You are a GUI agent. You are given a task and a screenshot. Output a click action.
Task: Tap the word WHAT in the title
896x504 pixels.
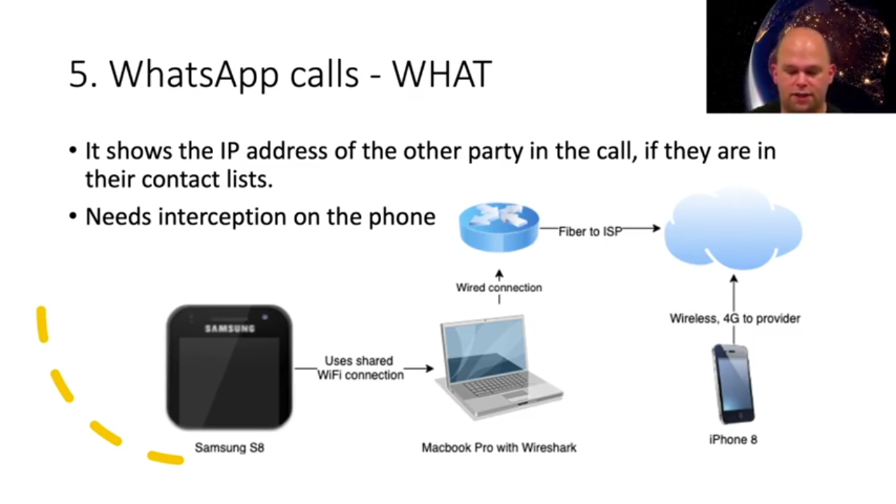point(441,75)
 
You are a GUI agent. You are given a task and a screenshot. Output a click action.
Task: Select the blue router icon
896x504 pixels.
point(499,227)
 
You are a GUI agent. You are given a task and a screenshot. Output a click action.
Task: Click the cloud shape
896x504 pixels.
point(733,230)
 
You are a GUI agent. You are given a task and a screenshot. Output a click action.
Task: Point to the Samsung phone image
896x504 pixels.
point(229,367)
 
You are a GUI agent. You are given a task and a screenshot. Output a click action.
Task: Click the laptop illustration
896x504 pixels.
point(499,367)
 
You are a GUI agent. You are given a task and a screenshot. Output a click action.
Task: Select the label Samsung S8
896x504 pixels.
point(230,448)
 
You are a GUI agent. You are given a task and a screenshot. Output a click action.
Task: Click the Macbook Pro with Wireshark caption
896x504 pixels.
point(499,448)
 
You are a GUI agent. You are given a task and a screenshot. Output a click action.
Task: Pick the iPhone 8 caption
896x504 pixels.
point(733,440)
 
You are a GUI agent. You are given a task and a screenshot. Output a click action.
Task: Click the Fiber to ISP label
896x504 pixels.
point(590,232)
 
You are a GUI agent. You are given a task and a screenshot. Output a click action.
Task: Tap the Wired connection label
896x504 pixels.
point(499,287)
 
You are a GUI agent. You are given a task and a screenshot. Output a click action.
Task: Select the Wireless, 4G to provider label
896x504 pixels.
point(735,319)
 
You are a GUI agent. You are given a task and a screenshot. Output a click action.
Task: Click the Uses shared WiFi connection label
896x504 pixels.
point(360,368)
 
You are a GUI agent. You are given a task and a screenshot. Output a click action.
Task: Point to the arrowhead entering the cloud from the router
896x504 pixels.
point(656,228)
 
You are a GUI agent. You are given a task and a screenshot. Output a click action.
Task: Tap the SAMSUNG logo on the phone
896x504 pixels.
point(229,328)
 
